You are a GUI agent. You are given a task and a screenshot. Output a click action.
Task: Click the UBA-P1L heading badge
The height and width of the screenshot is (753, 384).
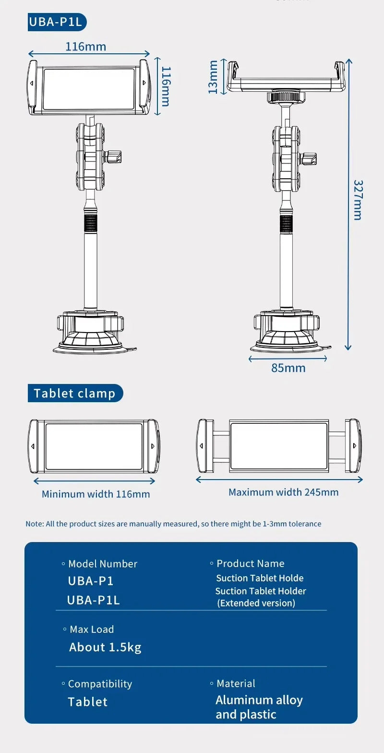click(x=57, y=22)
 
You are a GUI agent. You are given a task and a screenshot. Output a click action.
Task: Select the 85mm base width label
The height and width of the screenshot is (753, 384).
click(x=288, y=368)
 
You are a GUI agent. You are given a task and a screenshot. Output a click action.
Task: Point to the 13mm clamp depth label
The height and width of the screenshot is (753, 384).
click(x=213, y=77)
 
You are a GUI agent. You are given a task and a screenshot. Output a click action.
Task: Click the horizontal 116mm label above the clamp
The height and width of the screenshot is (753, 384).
click(x=85, y=46)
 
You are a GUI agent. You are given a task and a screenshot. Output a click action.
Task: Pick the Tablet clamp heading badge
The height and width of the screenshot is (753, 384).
click(x=75, y=394)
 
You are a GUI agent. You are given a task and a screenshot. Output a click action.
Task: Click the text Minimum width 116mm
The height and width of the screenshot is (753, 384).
click(x=96, y=494)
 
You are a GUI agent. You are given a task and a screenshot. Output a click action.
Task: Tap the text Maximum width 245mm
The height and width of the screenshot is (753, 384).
click(x=283, y=492)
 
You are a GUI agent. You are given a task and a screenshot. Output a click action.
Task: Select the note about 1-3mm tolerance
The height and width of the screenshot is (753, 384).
click(x=173, y=524)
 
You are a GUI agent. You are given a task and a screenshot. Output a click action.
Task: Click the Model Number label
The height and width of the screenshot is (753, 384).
click(x=102, y=564)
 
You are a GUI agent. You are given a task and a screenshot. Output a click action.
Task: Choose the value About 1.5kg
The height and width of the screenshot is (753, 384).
click(x=105, y=647)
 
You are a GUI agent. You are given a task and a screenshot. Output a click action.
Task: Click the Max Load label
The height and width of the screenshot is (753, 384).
click(x=91, y=630)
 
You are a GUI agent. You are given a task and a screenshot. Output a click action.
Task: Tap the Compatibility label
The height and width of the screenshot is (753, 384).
click(x=99, y=684)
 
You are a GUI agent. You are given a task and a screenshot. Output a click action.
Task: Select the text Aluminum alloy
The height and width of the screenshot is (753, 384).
click(x=259, y=700)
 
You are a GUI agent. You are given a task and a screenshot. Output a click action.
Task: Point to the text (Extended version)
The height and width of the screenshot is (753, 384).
click(x=256, y=603)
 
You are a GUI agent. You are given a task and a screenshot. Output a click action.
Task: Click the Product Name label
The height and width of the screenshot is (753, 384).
click(x=250, y=563)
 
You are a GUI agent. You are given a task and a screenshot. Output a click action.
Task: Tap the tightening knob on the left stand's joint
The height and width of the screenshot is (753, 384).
click(x=115, y=156)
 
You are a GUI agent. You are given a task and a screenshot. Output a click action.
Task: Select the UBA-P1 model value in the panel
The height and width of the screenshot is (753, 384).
click(x=91, y=581)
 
